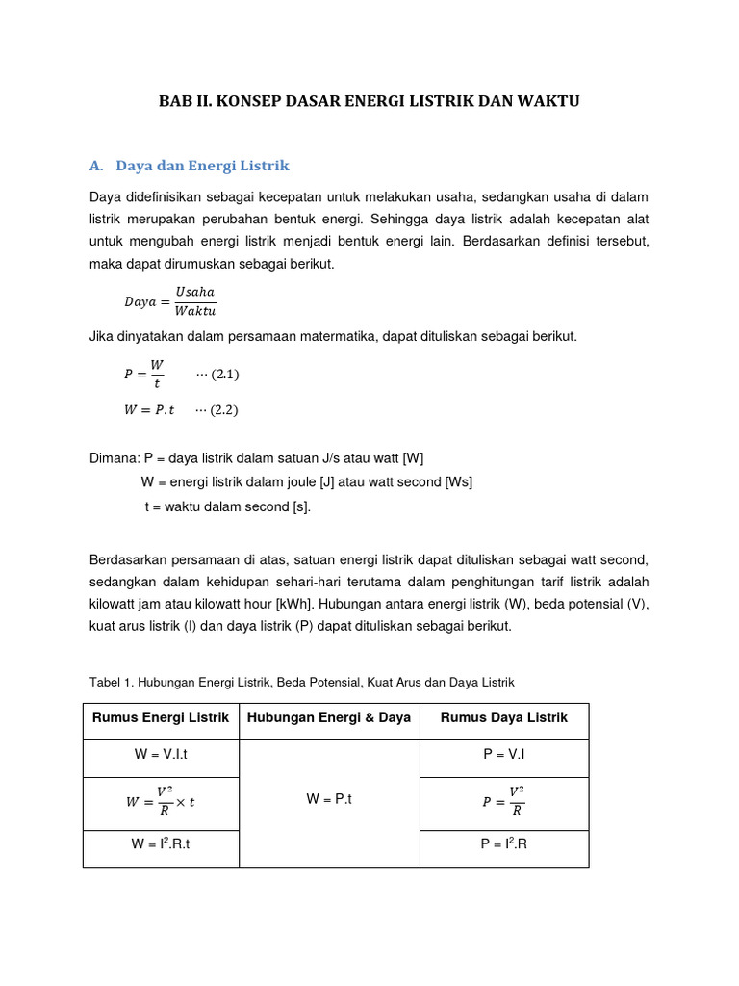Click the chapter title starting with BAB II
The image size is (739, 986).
(x=369, y=101)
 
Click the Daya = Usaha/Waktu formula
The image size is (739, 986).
(x=169, y=300)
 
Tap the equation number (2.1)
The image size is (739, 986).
(x=217, y=374)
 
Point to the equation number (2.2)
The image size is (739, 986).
(x=217, y=409)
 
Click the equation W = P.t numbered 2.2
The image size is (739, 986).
(x=149, y=409)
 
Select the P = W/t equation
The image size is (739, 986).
(x=144, y=374)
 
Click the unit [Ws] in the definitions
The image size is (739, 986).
(x=459, y=481)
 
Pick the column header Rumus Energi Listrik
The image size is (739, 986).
(x=161, y=717)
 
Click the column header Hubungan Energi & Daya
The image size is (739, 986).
(x=329, y=717)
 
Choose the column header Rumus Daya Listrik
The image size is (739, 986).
(x=503, y=717)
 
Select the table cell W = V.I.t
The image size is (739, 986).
(x=161, y=756)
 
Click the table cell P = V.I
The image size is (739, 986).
(x=503, y=756)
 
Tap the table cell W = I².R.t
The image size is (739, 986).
(x=161, y=844)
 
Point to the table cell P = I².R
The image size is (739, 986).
(x=503, y=844)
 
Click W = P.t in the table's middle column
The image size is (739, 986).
(x=329, y=799)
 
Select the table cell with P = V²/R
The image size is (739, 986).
(x=503, y=799)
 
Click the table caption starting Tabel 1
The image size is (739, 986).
(x=301, y=682)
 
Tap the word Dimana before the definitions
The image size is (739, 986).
(x=114, y=458)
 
